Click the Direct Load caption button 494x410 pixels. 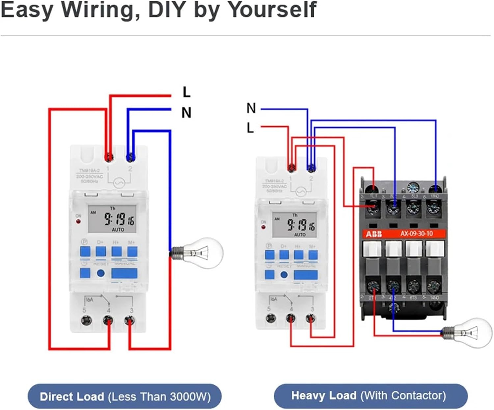(124, 396)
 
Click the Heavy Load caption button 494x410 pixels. (370, 396)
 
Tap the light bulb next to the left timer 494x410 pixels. (201, 253)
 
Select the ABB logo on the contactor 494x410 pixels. (374, 234)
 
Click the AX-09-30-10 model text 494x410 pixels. (416, 234)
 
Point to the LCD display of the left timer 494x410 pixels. (112, 219)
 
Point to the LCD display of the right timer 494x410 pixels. (294, 225)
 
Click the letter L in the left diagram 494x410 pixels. (186, 92)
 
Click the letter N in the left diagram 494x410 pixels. (186, 113)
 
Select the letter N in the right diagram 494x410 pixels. (251, 108)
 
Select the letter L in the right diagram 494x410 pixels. (250, 128)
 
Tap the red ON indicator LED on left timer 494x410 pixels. (78, 221)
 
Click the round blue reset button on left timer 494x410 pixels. (101, 273)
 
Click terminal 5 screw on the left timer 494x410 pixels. (86, 320)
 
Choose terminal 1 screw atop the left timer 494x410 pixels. (109, 157)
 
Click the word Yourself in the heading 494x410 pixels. (272, 10)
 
